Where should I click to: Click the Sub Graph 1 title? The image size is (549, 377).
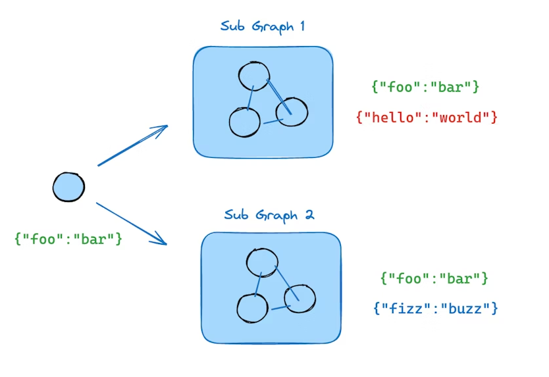click(262, 27)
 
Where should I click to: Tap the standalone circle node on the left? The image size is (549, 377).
click(68, 187)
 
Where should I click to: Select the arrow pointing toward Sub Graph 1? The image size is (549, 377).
click(132, 145)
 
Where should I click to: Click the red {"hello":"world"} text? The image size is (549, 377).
click(427, 118)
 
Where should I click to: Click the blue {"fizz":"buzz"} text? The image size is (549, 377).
click(436, 307)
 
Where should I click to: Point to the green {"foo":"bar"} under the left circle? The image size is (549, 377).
click(68, 238)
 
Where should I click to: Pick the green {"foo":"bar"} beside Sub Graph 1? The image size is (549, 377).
click(425, 86)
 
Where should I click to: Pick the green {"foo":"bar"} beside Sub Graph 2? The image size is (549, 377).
click(434, 278)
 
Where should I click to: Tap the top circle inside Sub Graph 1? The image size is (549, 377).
click(253, 76)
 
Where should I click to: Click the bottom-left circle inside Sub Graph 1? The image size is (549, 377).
click(244, 122)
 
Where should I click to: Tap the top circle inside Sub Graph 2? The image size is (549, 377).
click(261, 263)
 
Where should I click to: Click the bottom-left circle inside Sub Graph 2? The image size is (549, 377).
click(252, 309)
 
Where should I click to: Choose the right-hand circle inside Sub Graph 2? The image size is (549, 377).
click(300, 298)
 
